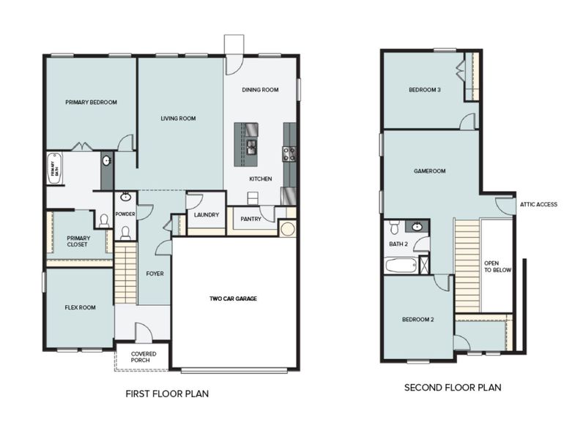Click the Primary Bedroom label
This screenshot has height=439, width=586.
tap(91, 102)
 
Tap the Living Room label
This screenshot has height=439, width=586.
tap(178, 119)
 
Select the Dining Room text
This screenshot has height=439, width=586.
tap(261, 90)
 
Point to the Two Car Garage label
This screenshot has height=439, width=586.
tap(234, 299)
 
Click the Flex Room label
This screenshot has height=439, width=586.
tap(78, 308)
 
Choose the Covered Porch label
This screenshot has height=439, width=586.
tap(143, 358)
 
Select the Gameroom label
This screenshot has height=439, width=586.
tap(429, 171)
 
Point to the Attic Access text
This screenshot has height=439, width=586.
tap(538, 205)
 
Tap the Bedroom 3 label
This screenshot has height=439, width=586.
tap(424, 90)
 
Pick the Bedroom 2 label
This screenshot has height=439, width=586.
tap(418, 320)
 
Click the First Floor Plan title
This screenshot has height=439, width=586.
tap(168, 394)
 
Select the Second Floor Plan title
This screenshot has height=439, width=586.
tap(453, 388)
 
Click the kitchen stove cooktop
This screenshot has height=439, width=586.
tap(289, 153)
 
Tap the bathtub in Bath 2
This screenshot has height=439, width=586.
tap(400, 264)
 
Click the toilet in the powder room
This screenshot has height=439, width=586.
tap(125, 233)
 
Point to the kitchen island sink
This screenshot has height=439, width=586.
tap(251, 146)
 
